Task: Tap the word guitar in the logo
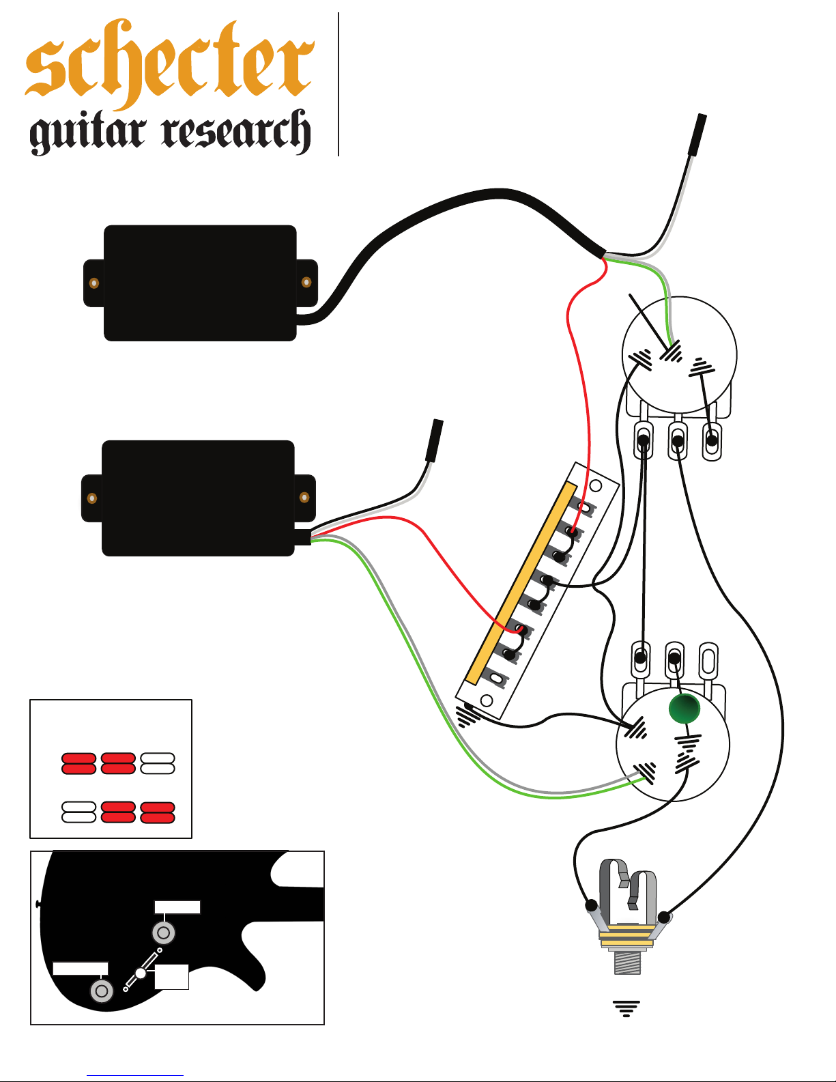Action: click(87, 132)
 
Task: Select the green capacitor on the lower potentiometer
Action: click(684, 708)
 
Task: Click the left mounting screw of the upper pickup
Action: click(93, 283)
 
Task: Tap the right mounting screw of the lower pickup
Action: click(304, 498)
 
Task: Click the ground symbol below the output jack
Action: click(626, 1008)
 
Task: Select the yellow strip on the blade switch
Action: click(521, 582)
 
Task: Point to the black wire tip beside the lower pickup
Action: click(435, 441)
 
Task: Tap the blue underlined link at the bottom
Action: click(135, 1075)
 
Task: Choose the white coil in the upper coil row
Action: click(157, 763)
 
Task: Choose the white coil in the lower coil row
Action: click(78, 812)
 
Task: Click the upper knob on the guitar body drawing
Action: click(164, 932)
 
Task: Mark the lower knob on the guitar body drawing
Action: click(102, 991)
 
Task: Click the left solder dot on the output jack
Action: click(591, 905)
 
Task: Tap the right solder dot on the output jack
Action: click(663, 917)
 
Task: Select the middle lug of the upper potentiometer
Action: click(677, 440)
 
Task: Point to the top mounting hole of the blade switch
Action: click(595, 485)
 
